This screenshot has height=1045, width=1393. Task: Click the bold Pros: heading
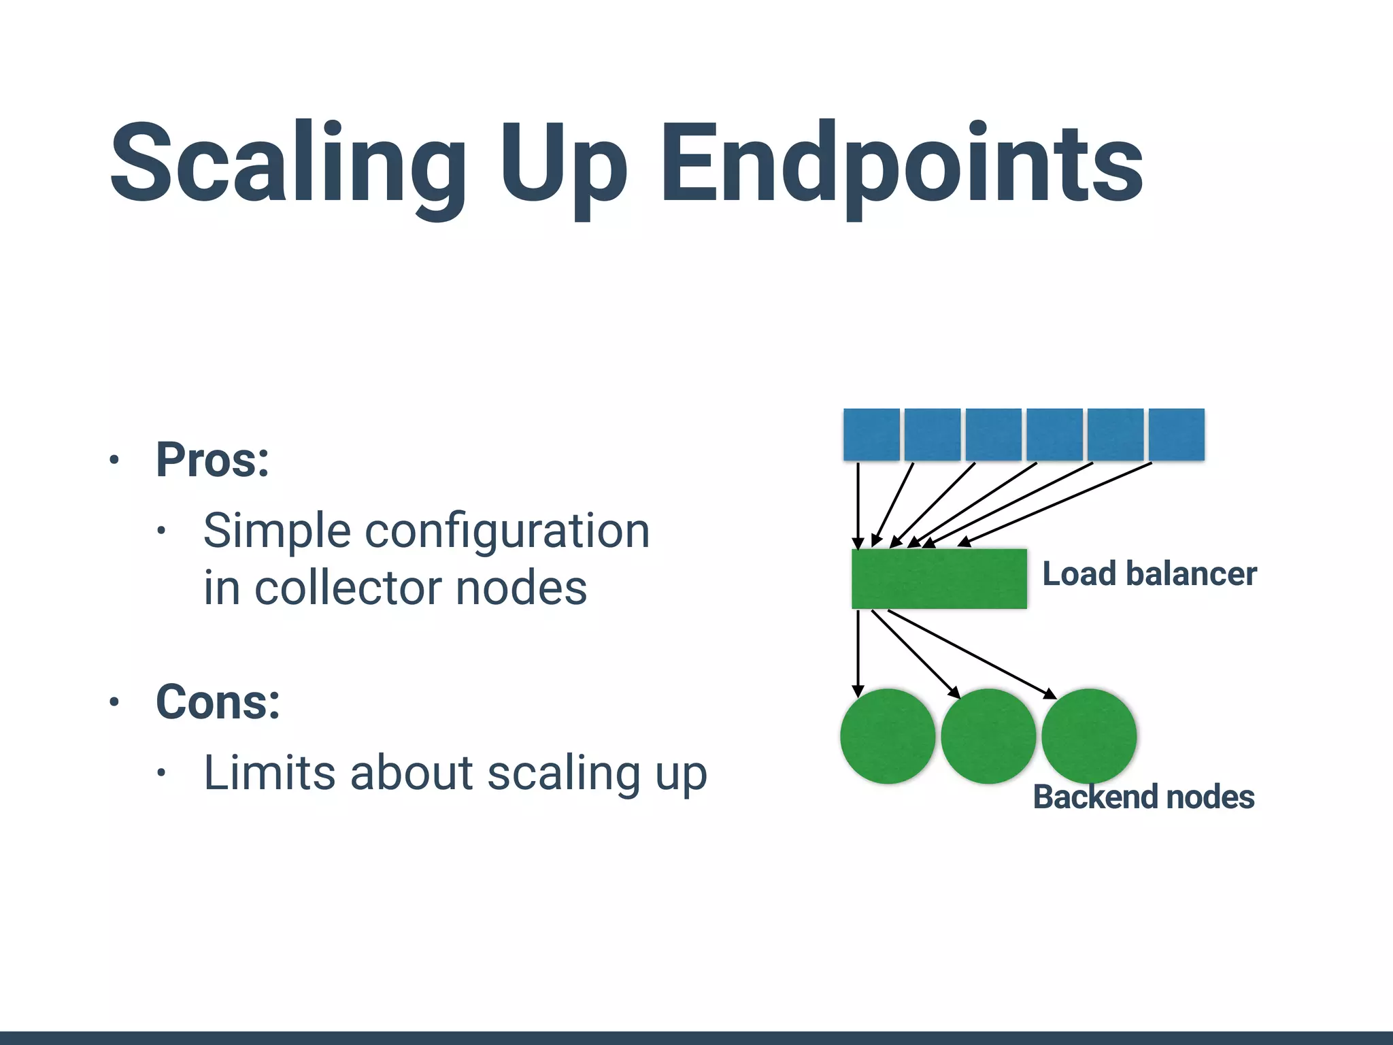coord(213,461)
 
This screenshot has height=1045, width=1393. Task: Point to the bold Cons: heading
coord(218,702)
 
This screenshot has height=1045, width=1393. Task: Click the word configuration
coord(508,531)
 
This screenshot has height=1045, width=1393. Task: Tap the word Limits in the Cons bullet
coord(269,774)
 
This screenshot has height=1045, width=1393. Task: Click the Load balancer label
coord(1149,574)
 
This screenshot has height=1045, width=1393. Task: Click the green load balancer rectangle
coord(939,579)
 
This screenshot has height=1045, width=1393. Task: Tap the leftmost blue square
coord(871,435)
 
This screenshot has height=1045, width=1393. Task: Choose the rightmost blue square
coord(1177,435)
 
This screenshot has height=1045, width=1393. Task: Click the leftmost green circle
coord(888,736)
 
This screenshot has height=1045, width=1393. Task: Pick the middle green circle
coord(988,736)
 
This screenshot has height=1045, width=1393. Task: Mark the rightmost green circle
coord(1089,736)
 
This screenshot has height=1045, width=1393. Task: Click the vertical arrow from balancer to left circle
coord(858,653)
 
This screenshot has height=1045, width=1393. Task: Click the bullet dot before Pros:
coord(114,461)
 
